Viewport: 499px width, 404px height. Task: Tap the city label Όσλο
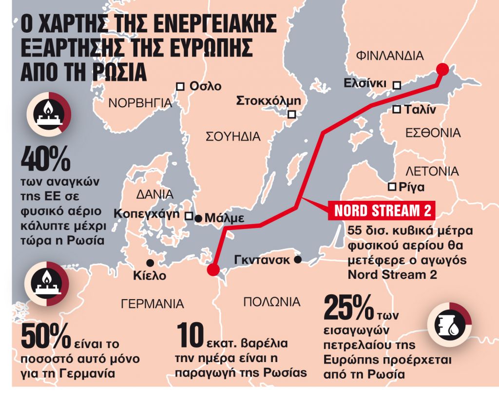click(205, 86)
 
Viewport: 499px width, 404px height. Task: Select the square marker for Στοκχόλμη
click(292, 115)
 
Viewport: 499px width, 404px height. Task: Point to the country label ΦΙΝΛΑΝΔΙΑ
click(390, 55)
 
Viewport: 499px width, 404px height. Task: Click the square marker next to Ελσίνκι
click(397, 85)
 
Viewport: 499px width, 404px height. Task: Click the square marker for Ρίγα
click(391, 187)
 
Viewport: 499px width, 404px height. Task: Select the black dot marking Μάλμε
click(198, 218)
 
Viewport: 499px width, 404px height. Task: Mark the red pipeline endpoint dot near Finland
click(442, 69)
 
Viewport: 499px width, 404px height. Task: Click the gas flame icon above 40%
click(48, 114)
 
